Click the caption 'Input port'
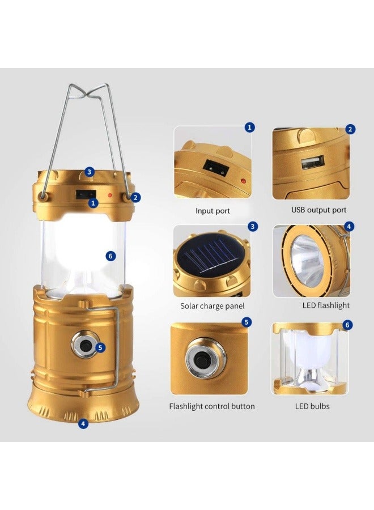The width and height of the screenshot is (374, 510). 212,211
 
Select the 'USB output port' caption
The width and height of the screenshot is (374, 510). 319,210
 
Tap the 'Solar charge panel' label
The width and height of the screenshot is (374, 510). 212,305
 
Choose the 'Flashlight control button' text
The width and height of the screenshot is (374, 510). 212,406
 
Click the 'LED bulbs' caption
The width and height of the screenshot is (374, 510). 312,406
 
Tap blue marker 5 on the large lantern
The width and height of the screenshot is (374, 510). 101,347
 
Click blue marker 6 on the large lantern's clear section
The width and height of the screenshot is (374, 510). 111,256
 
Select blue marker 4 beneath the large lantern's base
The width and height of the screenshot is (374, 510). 83,423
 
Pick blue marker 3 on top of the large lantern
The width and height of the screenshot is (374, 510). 90,172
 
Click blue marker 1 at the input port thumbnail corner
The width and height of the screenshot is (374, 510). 250,127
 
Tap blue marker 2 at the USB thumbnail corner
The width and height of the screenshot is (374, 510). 350,129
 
